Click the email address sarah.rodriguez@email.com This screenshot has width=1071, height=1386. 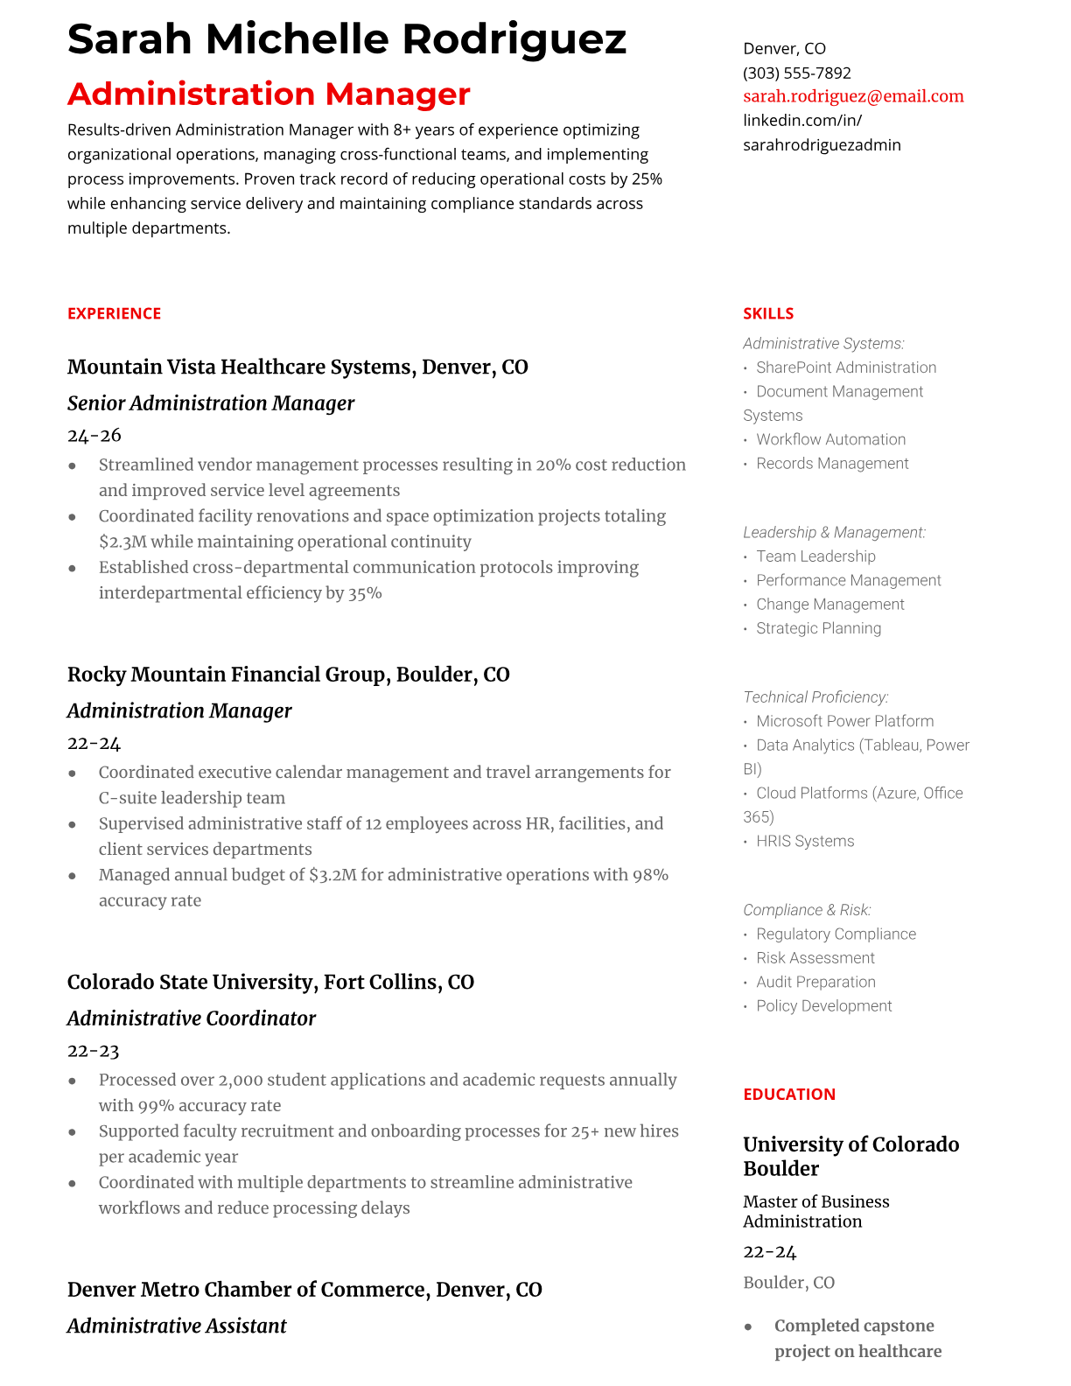coord(853,96)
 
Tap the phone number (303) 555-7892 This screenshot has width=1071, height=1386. coord(796,73)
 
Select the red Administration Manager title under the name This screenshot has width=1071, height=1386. coord(269,94)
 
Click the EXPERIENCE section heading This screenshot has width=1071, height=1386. coord(114,313)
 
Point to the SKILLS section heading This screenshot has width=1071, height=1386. coord(768,313)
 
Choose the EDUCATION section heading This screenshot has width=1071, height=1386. coord(788,1094)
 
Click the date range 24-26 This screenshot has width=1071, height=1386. coord(94,435)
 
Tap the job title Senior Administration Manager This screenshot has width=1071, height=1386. coord(211,403)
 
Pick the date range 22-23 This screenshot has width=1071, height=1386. coord(94,1051)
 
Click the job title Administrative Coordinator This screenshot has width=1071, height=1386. coord(192,1018)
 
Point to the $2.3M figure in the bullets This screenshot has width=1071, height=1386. coord(122,542)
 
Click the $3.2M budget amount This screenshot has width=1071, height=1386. coord(332,875)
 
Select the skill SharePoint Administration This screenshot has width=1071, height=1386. coord(846,367)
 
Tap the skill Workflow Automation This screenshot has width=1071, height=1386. coord(830,439)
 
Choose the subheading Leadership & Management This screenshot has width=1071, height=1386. coord(834,532)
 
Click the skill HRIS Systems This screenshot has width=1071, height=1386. coord(805,841)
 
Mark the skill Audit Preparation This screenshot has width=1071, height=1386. coord(815,982)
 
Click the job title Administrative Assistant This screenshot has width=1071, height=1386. coord(177,1326)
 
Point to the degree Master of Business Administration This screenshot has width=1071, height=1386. coord(815,1211)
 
